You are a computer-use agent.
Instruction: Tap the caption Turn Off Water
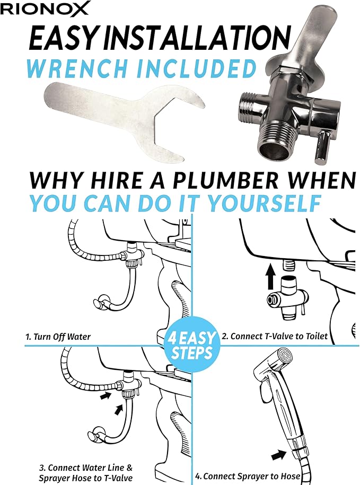pyautogui.click(x=62, y=337)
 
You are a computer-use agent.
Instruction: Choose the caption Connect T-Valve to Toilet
pyautogui.click(x=279, y=336)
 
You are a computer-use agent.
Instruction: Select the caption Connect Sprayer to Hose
pyautogui.click(x=251, y=476)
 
